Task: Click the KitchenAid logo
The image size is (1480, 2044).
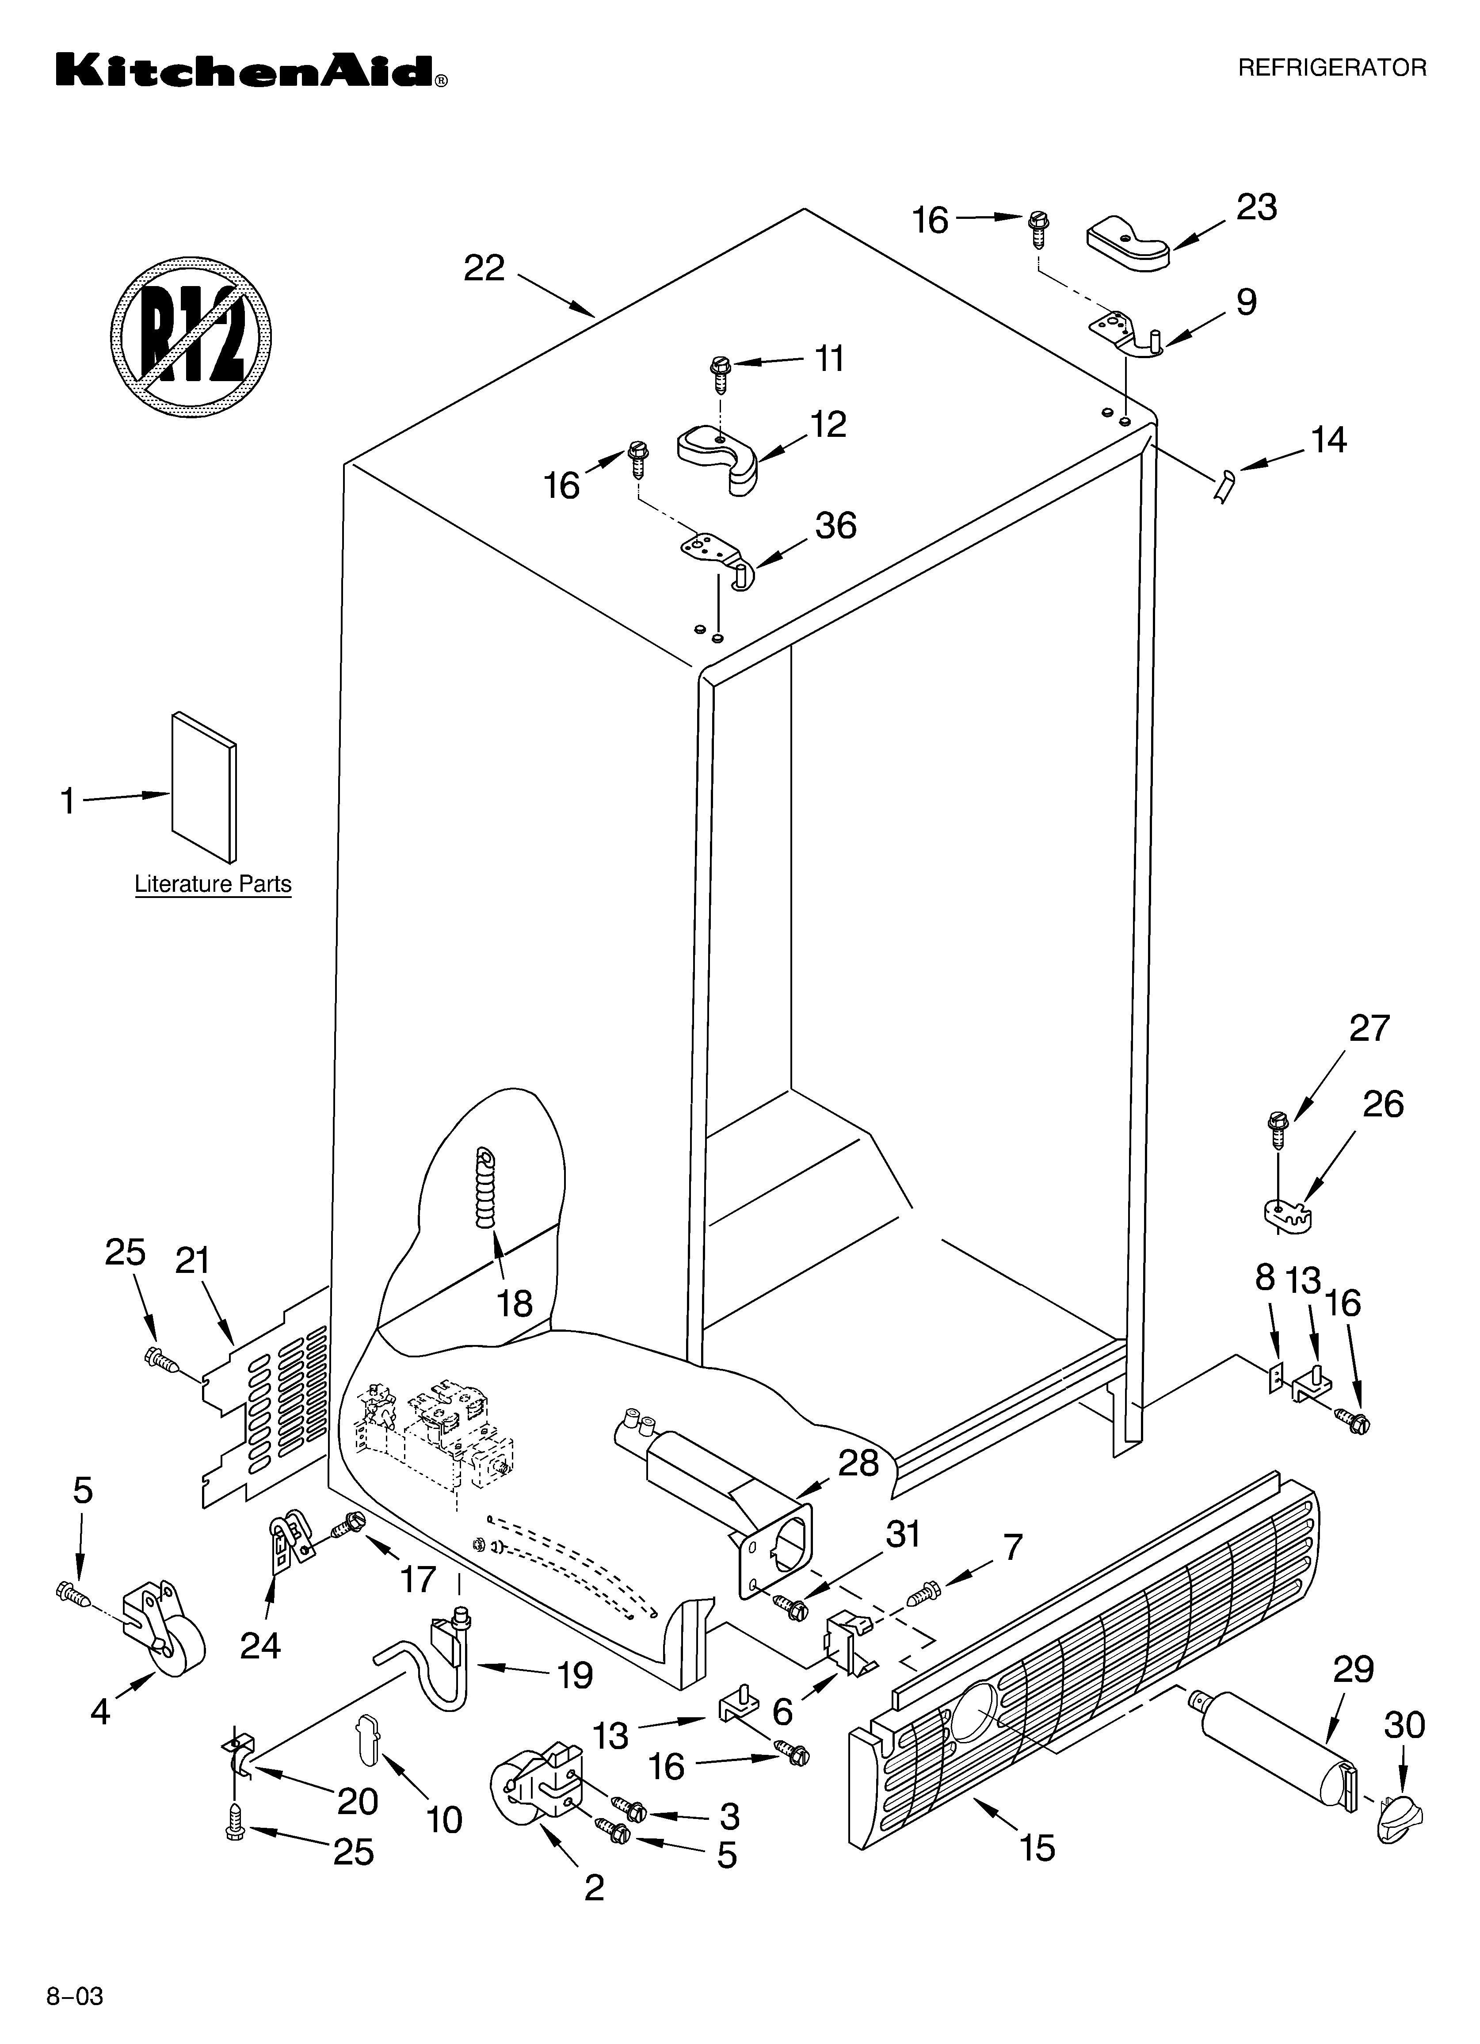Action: point(251,70)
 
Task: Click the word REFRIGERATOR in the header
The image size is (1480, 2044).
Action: point(1331,68)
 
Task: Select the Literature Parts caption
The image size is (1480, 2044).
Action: point(213,884)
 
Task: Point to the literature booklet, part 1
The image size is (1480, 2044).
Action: point(205,786)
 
